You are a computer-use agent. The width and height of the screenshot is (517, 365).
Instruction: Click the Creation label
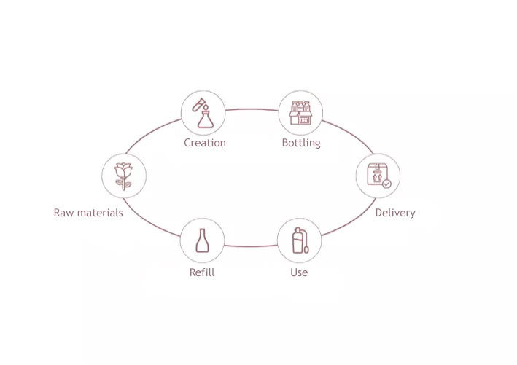[x=204, y=143]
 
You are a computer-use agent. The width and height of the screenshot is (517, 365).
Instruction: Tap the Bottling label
[x=300, y=143]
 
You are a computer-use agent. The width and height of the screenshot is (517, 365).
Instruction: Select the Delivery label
[x=394, y=213]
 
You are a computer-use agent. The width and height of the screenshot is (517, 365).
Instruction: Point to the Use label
[x=299, y=272]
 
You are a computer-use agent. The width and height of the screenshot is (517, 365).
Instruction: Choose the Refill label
[x=202, y=272]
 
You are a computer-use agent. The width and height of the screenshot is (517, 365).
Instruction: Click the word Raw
[x=65, y=213]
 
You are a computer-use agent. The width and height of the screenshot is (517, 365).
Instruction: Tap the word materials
[x=101, y=213]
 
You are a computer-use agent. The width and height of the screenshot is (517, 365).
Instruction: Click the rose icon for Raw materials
[x=124, y=176]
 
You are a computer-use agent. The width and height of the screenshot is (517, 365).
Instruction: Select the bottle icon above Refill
[x=202, y=240]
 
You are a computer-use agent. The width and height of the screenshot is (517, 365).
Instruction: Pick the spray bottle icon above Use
[x=299, y=240]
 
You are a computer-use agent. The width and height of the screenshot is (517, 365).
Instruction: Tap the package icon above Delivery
[x=377, y=176]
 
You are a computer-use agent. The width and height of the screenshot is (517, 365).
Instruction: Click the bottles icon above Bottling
[x=300, y=113]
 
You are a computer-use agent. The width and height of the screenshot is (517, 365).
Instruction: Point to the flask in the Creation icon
[x=206, y=117]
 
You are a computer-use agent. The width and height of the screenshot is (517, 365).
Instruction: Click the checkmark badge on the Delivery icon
[x=386, y=184]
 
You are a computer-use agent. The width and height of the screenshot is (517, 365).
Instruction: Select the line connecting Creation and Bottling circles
[x=252, y=109]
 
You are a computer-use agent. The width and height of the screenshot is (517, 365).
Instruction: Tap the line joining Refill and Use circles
[x=250, y=246]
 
